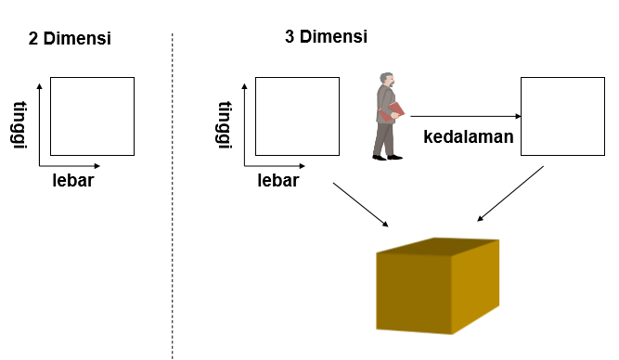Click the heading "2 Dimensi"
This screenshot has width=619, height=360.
click(x=70, y=39)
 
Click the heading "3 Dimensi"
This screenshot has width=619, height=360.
click(x=326, y=37)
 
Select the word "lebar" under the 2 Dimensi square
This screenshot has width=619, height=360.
click(x=73, y=180)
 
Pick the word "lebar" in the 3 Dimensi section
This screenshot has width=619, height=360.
click(x=278, y=180)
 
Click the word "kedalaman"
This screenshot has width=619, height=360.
click(x=469, y=137)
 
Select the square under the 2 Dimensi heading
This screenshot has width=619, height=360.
click(x=92, y=116)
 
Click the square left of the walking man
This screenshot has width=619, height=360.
click(x=296, y=116)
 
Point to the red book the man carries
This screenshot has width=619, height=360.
click(x=394, y=112)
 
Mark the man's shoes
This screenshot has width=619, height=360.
click(x=388, y=157)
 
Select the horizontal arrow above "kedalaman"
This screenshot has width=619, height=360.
click(x=464, y=116)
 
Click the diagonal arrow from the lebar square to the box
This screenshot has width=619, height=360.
click(x=360, y=204)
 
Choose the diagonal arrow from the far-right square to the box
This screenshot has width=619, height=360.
click(x=510, y=195)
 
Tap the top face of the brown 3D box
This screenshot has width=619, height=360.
click(x=436, y=247)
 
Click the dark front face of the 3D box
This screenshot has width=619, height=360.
click(x=413, y=293)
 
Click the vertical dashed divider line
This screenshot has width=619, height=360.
click(x=173, y=195)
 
